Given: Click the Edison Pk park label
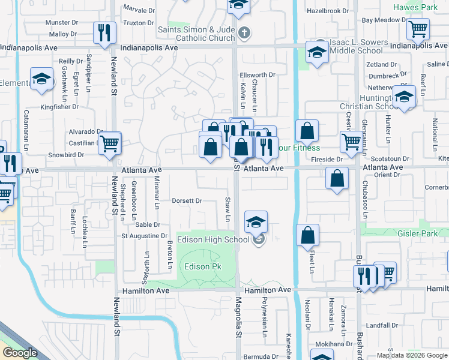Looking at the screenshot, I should point(197,266).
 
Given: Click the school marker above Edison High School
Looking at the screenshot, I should point(256,222).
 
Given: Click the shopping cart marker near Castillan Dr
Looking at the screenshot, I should point(110,143).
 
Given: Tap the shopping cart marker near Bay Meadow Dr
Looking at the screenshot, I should point(418,28).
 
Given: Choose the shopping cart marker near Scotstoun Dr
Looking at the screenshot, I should point(351,142).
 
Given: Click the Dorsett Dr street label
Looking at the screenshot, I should point(187,201).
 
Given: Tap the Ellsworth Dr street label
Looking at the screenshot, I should point(257,75).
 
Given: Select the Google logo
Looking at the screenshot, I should point(19,353).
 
